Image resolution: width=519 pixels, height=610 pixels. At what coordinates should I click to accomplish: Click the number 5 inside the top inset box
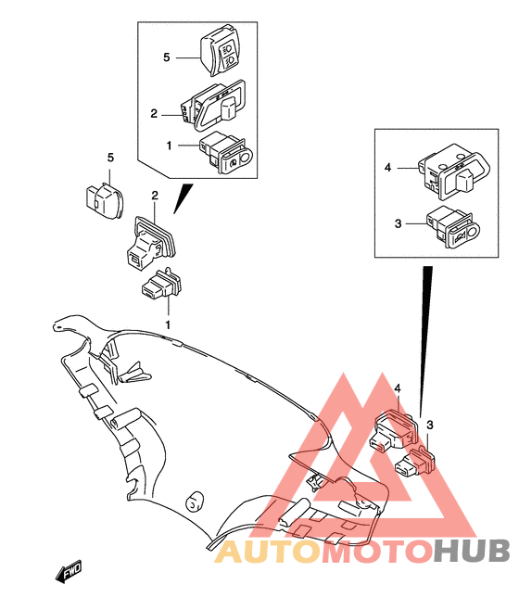(x=166, y=57)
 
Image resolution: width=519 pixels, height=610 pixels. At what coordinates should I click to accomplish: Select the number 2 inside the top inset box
(x=154, y=114)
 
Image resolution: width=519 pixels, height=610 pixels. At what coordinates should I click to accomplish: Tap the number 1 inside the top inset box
(x=170, y=146)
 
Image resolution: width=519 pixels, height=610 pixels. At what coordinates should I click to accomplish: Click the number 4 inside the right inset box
(x=388, y=168)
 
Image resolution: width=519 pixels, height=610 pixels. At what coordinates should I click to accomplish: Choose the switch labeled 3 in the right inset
(x=451, y=229)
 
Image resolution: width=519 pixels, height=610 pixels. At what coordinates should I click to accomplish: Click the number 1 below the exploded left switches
(x=168, y=324)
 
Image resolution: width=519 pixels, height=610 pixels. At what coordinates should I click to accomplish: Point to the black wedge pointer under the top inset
(x=184, y=197)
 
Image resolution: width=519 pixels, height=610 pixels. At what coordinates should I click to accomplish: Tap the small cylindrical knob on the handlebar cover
(x=195, y=502)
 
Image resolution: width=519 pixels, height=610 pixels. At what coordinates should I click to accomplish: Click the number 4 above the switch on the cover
(x=396, y=388)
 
